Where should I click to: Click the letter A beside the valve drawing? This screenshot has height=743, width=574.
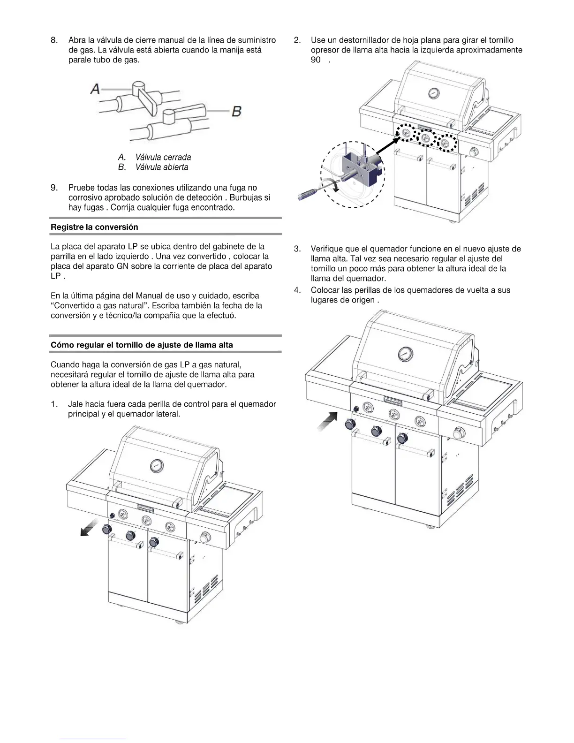(x=95, y=88)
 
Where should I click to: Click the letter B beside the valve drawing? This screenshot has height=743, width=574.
(x=236, y=111)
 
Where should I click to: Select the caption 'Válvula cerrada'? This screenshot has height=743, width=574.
(x=163, y=157)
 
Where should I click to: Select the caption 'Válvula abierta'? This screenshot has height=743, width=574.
(x=162, y=167)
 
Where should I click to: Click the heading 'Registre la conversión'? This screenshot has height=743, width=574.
(x=94, y=227)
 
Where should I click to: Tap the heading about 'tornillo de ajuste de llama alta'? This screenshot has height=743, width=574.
(x=142, y=345)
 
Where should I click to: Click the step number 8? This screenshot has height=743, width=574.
(x=54, y=40)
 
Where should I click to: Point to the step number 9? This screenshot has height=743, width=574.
(x=54, y=188)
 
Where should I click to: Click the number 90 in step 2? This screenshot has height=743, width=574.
(x=316, y=60)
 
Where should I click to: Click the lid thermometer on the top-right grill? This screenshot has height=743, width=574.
(x=434, y=93)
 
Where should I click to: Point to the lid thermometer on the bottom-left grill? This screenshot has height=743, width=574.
(x=157, y=466)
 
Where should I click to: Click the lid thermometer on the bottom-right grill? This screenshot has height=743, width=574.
(x=405, y=354)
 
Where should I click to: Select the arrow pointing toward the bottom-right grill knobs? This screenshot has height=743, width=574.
(x=328, y=420)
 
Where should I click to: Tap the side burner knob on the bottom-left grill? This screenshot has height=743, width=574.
(x=205, y=538)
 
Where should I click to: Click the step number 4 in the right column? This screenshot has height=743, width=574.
(x=297, y=290)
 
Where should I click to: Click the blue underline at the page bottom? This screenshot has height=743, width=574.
(x=93, y=739)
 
